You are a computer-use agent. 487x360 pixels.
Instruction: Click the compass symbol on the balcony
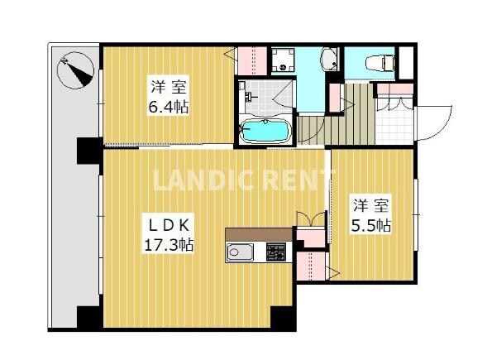click(x=75, y=70)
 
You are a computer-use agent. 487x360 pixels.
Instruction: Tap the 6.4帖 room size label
click(x=169, y=108)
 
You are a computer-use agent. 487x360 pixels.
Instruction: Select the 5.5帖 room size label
click(x=371, y=225)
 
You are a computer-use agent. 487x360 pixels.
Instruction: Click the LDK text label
click(x=169, y=226)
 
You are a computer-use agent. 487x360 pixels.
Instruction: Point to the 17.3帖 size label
click(x=169, y=245)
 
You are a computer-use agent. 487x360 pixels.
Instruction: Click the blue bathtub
click(x=265, y=132)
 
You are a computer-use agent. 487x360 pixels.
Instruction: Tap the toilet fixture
click(x=380, y=63)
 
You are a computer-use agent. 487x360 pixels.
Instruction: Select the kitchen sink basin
click(x=240, y=252)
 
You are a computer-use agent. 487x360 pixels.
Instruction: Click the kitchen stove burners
click(x=275, y=252)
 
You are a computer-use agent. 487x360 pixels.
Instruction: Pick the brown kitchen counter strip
click(x=259, y=234)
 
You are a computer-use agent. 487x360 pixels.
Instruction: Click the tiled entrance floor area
click(x=394, y=126)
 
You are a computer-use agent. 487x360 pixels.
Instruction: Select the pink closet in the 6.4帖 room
click(x=252, y=60)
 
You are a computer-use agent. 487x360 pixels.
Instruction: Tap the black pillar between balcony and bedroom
click(x=88, y=151)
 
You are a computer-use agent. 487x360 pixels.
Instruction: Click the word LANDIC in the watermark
click(x=203, y=180)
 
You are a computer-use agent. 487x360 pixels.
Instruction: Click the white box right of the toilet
click(x=406, y=63)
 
